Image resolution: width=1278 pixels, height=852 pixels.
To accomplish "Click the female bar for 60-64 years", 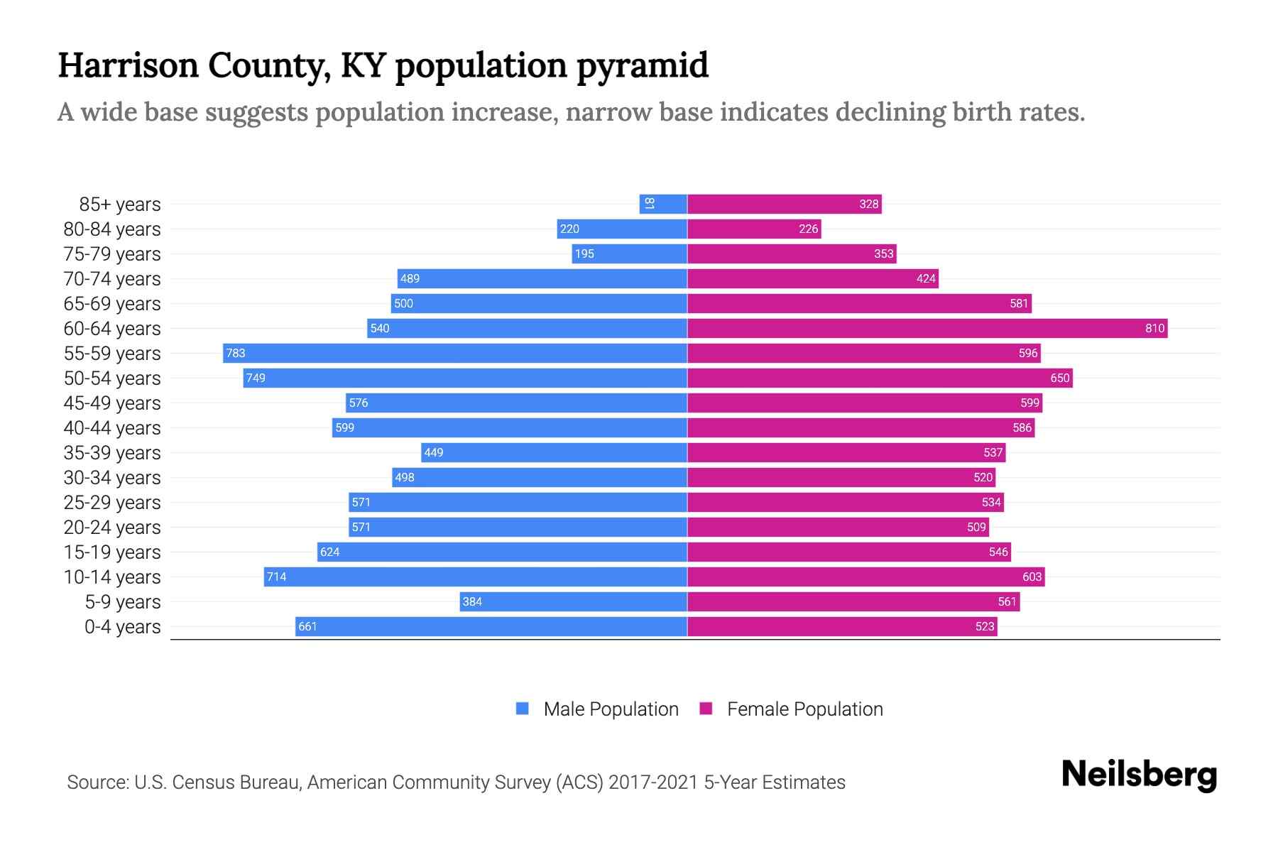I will coord(927,328).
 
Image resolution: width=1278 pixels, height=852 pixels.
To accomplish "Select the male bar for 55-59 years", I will coord(454,353).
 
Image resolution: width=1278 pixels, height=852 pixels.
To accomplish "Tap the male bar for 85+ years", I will coord(663,204).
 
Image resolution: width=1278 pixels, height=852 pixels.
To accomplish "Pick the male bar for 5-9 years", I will coord(573,601).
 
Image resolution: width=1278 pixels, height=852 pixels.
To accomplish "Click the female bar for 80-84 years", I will coord(754,229).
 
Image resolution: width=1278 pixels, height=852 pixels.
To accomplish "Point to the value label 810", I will coord(1154,328).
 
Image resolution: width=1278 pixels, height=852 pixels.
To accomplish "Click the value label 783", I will coord(236,353).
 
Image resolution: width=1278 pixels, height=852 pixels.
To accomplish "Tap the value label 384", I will coord(472,601).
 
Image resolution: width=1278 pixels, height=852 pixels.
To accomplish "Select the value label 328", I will coord(869,204).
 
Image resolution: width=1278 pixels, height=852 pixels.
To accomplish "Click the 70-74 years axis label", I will coord(112,279).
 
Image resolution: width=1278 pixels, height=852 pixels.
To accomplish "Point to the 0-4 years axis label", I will coord(122,627).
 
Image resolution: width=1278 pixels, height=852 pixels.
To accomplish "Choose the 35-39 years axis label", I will coord(112,453).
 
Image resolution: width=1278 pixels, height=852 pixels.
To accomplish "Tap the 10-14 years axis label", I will coord(112,577).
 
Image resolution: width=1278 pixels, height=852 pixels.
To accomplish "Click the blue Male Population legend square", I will coord(523,709).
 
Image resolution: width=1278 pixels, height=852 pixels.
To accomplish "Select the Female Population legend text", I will coord(804,709).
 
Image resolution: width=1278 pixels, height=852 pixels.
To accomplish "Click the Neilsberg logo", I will coord(1139,775).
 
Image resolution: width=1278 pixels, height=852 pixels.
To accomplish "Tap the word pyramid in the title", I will coord(642,66).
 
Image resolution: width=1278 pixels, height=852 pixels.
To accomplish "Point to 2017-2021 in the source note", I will coord(653,782).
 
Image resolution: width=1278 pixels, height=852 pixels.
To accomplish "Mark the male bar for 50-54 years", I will coord(465,378).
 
